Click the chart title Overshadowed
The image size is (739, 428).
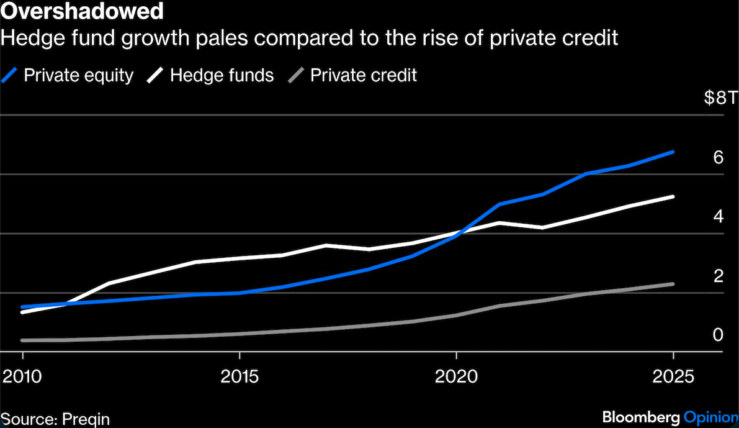coord(83,11)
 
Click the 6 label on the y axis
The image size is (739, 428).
coord(719,157)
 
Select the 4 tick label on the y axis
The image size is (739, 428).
coord(719,216)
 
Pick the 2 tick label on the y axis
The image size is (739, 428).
coord(719,275)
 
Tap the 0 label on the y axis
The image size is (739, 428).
coord(719,335)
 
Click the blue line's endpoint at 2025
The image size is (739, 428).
coord(673,152)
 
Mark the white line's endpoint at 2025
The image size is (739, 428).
coord(673,196)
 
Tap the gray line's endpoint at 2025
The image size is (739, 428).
coord(673,284)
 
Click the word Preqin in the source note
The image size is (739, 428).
coord(82,418)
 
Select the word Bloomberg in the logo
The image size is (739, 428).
coord(640,416)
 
